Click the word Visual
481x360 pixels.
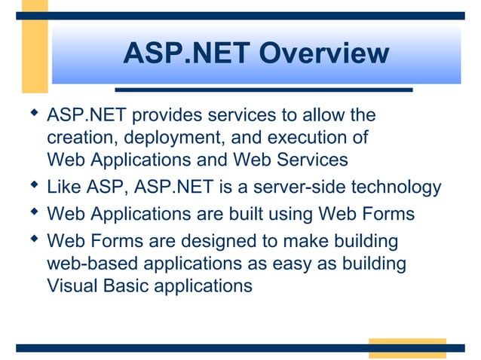[x=72, y=286]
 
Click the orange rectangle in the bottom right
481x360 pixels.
[x=406, y=348]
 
